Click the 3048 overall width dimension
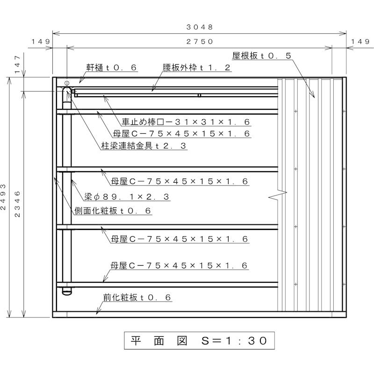coord(200,27)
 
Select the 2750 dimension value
coord(200,42)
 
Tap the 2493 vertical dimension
coord(3,197)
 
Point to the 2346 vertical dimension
coord(17,204)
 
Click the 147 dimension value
coord(17,65)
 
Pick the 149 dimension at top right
coord(360,42)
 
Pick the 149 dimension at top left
coord(41,42)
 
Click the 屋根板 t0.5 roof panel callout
coord(262,56)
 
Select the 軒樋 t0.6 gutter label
coord(111,68)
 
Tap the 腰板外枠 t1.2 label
coord(196,68)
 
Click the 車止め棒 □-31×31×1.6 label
coord(186,122)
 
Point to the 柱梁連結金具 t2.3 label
coord(144,146)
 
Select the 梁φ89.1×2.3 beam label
coord(127,197)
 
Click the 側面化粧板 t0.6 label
coord(113,211)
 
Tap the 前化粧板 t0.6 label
coord(137,297)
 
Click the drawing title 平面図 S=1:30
coord(199,341)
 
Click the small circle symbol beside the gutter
coord(67,83)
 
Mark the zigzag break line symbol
coord(278,195)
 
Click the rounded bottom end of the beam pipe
coord(67,292)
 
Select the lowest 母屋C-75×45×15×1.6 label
coord(179,266)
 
